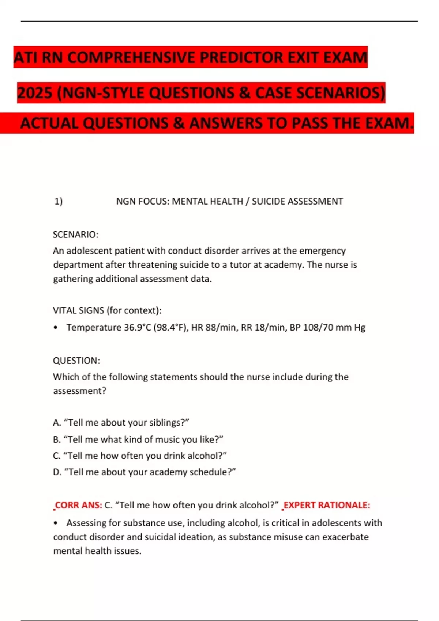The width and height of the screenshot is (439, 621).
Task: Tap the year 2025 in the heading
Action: coord(35,93)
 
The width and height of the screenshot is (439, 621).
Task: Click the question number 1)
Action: coord(59,201)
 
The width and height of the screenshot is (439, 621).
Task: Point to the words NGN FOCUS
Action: coord(143,201)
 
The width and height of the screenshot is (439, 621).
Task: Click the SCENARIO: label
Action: coord(76,235)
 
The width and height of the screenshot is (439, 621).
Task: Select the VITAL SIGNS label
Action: coord(79,310)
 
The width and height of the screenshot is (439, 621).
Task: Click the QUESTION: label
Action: coord(76,361)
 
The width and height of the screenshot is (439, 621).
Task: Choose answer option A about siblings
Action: coord(121,423)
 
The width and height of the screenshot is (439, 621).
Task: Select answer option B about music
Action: coord(138,439)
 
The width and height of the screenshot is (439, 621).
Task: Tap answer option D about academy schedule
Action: coord(145,472)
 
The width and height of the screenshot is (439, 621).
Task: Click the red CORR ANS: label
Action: coord(78,505)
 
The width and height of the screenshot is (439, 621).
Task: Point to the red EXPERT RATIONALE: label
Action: coord(327,505)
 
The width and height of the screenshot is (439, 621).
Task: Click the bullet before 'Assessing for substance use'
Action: coord(56,523)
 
